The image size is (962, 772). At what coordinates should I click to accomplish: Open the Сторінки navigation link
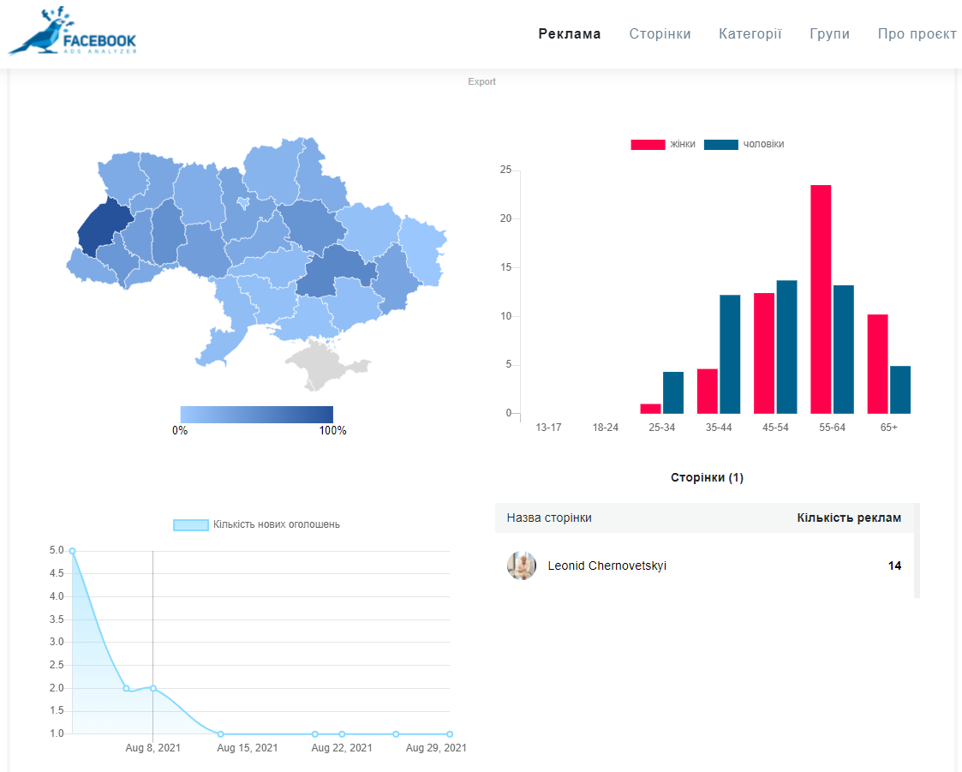pyautogui.click(x=660, y=34)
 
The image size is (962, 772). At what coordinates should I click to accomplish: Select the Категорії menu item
pyautogui.click(x=750, y=34)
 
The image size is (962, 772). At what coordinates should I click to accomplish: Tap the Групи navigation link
pyautogui.click(x=829, y=34)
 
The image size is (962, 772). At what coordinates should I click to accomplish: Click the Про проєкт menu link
pyautogui.click(x=917, y=34)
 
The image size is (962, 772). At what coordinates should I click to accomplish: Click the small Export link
pyautogui.click(x=481, y=82)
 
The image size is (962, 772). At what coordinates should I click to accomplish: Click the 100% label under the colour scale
pyautogui.click(x=332, y=431)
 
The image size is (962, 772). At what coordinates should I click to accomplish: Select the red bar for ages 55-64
pyautogui.click(x=821, y=299)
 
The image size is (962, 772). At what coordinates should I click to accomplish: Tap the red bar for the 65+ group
pyautogui.click(x=877, y=364)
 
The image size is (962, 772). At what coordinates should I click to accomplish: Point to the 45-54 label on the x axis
pyautogui.click(x=775, y=428)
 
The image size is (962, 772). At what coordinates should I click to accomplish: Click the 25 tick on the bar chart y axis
pyautogui.click(x=505, y=171)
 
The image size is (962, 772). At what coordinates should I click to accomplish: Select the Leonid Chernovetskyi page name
pyautogui.click(x=606, y=566)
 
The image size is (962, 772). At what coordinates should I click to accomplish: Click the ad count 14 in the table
pyautogui.click(x=894, y=566)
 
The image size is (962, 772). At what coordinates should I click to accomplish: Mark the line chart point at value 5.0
pyautogui.click(x=72, y=551)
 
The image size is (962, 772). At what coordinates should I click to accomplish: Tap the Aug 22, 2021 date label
pyautogui.click(x=342, y=748)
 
